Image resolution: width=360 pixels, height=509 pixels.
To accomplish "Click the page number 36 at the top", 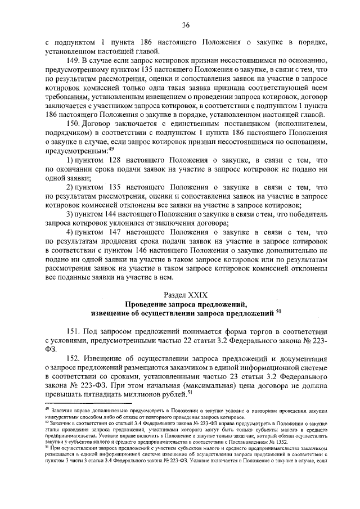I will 185,24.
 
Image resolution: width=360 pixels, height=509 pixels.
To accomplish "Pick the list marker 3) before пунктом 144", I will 70,214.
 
